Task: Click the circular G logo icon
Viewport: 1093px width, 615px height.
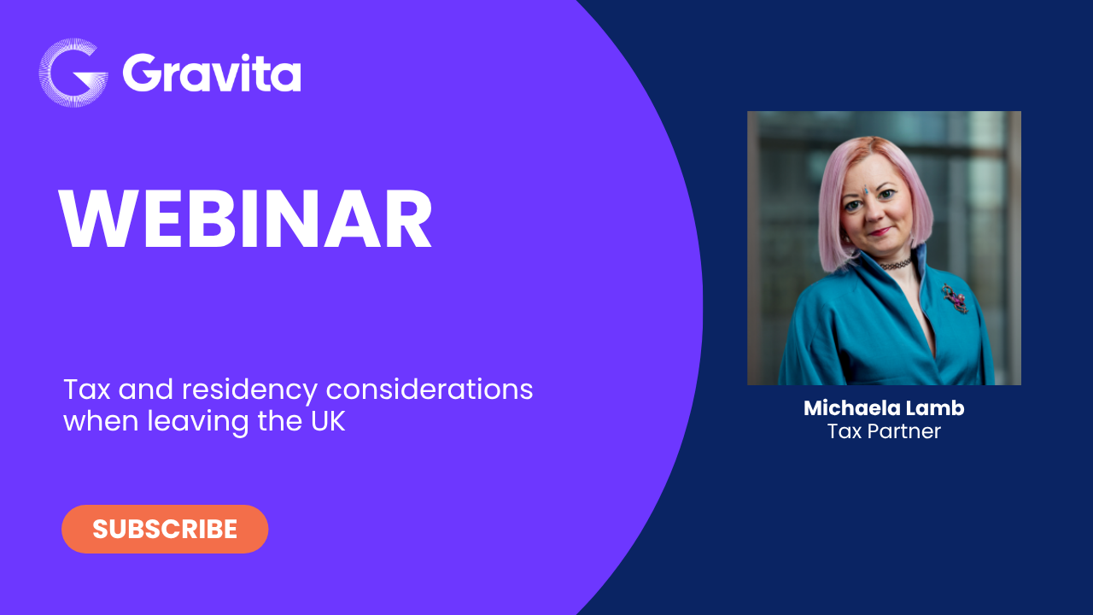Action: tap(73, 73)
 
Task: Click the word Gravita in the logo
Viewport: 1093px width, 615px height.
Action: tap(211, 73)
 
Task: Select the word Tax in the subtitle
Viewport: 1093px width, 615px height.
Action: tap(87, 390)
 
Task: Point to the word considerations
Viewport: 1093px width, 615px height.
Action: tap(430, 389)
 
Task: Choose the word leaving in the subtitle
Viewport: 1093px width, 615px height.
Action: tap(198, 422)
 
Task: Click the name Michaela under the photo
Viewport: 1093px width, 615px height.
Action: tap(848, 408)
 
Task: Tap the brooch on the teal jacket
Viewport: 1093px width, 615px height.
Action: tap(955, 298)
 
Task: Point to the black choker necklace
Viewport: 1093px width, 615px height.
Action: tap(896, 265)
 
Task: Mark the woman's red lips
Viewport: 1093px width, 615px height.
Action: tap(880, 231)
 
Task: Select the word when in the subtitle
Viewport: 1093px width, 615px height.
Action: tap(101, 421)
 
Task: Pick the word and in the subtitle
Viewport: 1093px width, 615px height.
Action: tap(146, 389)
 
